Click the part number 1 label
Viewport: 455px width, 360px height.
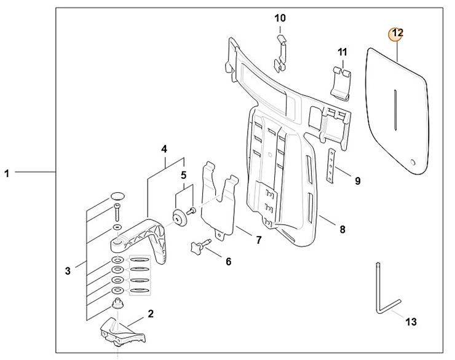click(7, 173)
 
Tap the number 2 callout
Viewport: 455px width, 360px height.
click(151, 313)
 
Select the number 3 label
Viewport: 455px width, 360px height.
click(68, 269)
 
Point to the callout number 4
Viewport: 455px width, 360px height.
click(164, 149)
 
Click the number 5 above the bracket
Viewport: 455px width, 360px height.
click(183, 176)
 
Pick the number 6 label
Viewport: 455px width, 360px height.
click(228, 262)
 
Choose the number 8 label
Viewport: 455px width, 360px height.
click(342, 230)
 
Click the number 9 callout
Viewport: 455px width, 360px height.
click(357, 181)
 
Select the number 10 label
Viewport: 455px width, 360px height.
click(280, 18)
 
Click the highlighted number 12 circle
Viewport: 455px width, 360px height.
click(397, 33)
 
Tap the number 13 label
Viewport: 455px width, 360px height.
click(411, 321)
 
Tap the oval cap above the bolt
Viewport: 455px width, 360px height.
click(117, 197)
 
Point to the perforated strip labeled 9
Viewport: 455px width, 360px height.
click(333, 166)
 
